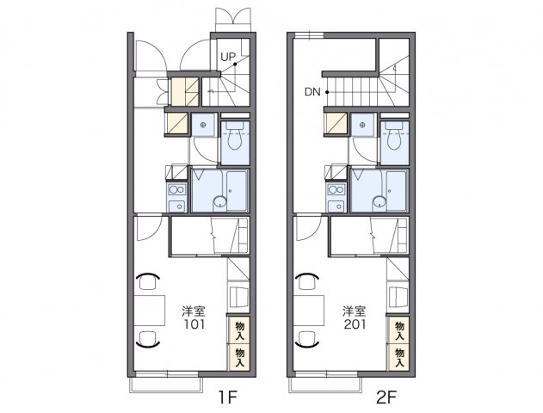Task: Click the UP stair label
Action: click(228, 57)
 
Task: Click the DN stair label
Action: click(312, 92)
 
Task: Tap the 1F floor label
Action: click(227, 397)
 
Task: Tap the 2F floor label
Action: click(386, 397)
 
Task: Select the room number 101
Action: click(194, 324)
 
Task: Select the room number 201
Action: click(355, 324)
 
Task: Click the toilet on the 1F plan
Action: click(235, 136)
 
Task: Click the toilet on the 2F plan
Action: click(395, 136)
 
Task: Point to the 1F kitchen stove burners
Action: click(177, 189)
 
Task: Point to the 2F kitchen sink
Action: click(336, 206)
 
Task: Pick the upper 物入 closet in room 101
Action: click(239, 330)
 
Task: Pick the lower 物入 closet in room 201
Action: click(399, 357)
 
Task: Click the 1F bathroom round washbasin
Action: click(219, 202)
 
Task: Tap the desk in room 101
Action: click(150, 311)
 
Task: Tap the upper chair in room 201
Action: click(307, 280)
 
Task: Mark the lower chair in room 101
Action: click(148, 339)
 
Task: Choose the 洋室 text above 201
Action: click(355, 311)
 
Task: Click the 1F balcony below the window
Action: click(166, 385)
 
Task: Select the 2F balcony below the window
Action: click(325, 385)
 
